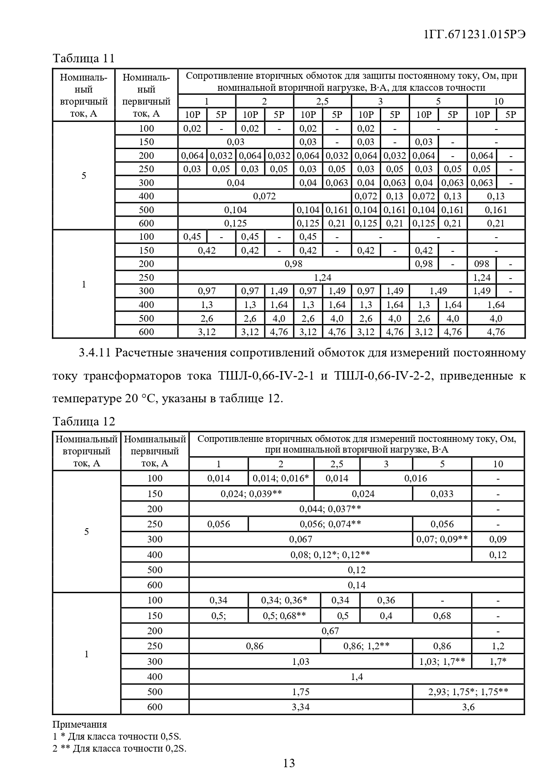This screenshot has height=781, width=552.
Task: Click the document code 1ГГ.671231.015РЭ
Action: tap(475, 35)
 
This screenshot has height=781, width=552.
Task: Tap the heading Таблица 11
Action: tap(84, 58)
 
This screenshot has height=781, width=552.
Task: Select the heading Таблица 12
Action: tap(84, 421)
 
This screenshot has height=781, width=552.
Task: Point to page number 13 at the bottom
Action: tap(289, 763)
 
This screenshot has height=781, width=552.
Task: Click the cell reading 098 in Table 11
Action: tap(482, 264)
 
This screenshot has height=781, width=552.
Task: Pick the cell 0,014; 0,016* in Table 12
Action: tap(281, 478)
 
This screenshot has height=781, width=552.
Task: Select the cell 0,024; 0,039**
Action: tap(251, 494)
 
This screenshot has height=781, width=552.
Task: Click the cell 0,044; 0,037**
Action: tap(330, 509)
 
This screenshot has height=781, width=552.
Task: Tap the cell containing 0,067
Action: tap(301, 539)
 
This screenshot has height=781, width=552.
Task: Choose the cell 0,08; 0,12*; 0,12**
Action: tap(330, 555)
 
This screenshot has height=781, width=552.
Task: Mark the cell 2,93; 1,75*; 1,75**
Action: tap(468, 692)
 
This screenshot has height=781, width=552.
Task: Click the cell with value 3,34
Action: tap(301, 707)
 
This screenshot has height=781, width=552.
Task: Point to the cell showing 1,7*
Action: tap(498, 662)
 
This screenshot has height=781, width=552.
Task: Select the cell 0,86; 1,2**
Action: tap(366, 646)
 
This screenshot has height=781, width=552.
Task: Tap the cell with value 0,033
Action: tap(442, 494)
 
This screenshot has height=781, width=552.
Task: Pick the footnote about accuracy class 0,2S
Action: tap(119, 749)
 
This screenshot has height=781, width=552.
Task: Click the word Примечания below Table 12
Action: tap(80, 724)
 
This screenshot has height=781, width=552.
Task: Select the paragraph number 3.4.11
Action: tap(94, 353)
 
